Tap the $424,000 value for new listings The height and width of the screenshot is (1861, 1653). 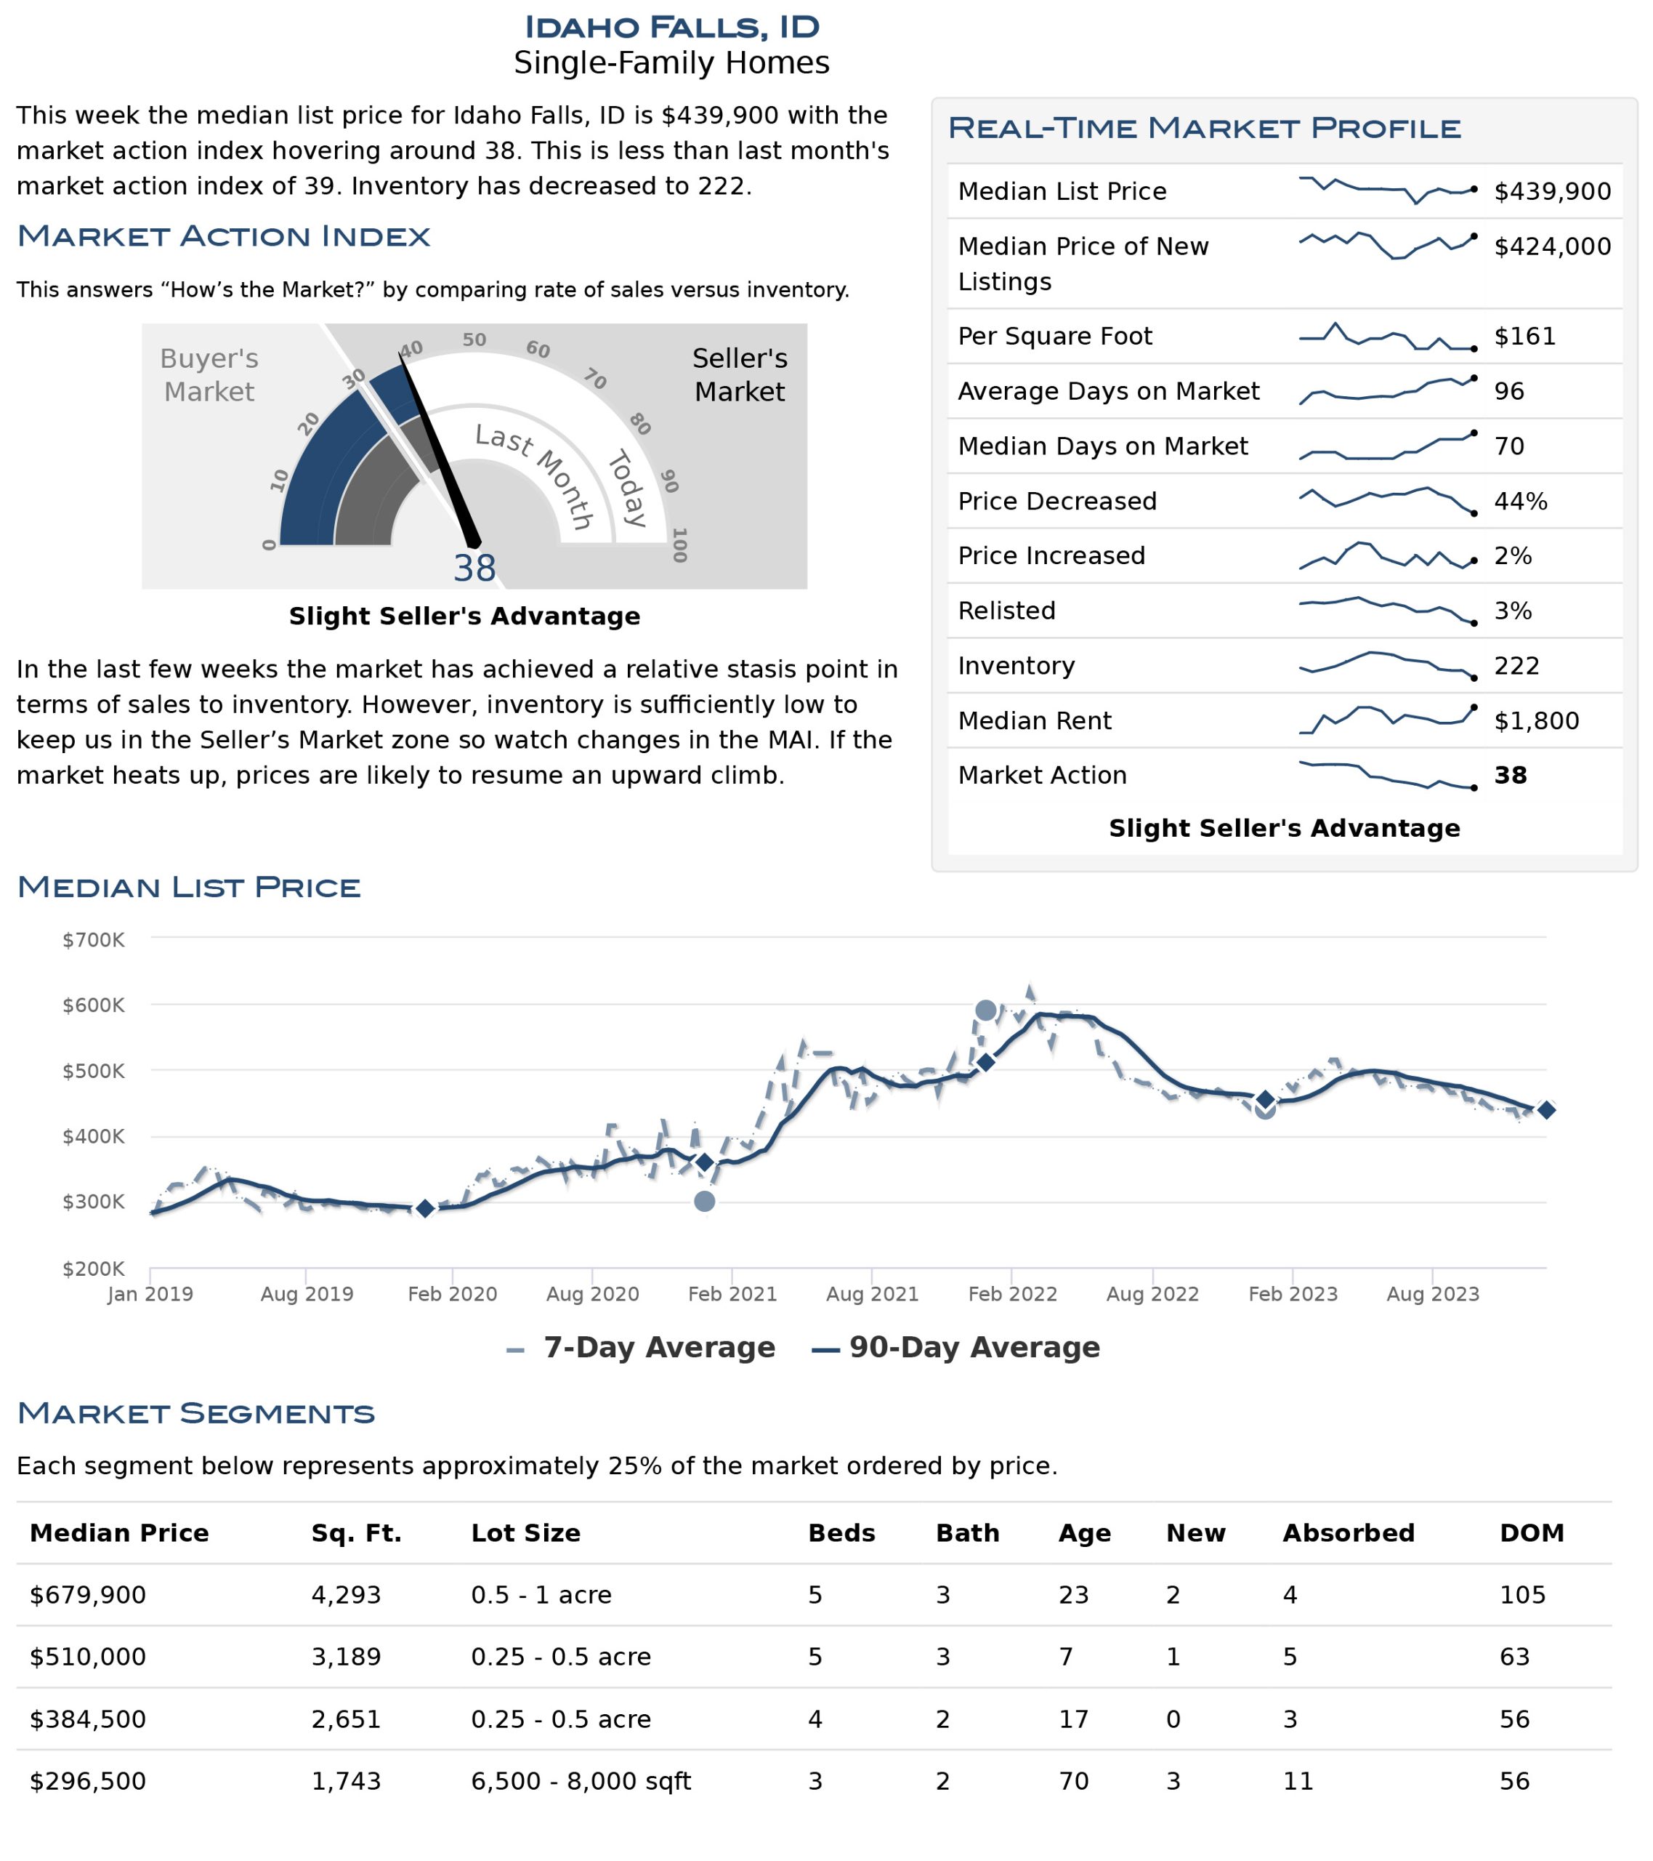(1552, 246)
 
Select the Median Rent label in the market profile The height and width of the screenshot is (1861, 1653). (1034, 720)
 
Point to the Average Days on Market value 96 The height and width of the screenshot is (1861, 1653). (1508, 392)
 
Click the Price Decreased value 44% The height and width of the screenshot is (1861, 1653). (1520, 501)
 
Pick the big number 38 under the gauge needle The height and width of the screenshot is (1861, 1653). (474, 568)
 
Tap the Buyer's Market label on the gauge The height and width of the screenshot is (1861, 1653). (209, 374)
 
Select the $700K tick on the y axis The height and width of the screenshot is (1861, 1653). (93, 940)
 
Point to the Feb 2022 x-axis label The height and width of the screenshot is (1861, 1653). (1012, 1294)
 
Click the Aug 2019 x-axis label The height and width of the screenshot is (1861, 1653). (307, 1294)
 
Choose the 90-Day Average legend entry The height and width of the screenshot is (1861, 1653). (955, 1348)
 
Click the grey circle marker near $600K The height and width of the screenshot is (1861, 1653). (985, 1010)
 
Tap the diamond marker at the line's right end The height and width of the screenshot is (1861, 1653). (1545, 1110)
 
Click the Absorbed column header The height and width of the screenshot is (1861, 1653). (1348, 1533)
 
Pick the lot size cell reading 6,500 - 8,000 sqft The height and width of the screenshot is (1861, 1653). (581, 1781)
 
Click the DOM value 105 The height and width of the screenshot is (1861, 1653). (1522, 1595)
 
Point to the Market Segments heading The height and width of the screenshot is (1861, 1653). (195, 1413)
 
